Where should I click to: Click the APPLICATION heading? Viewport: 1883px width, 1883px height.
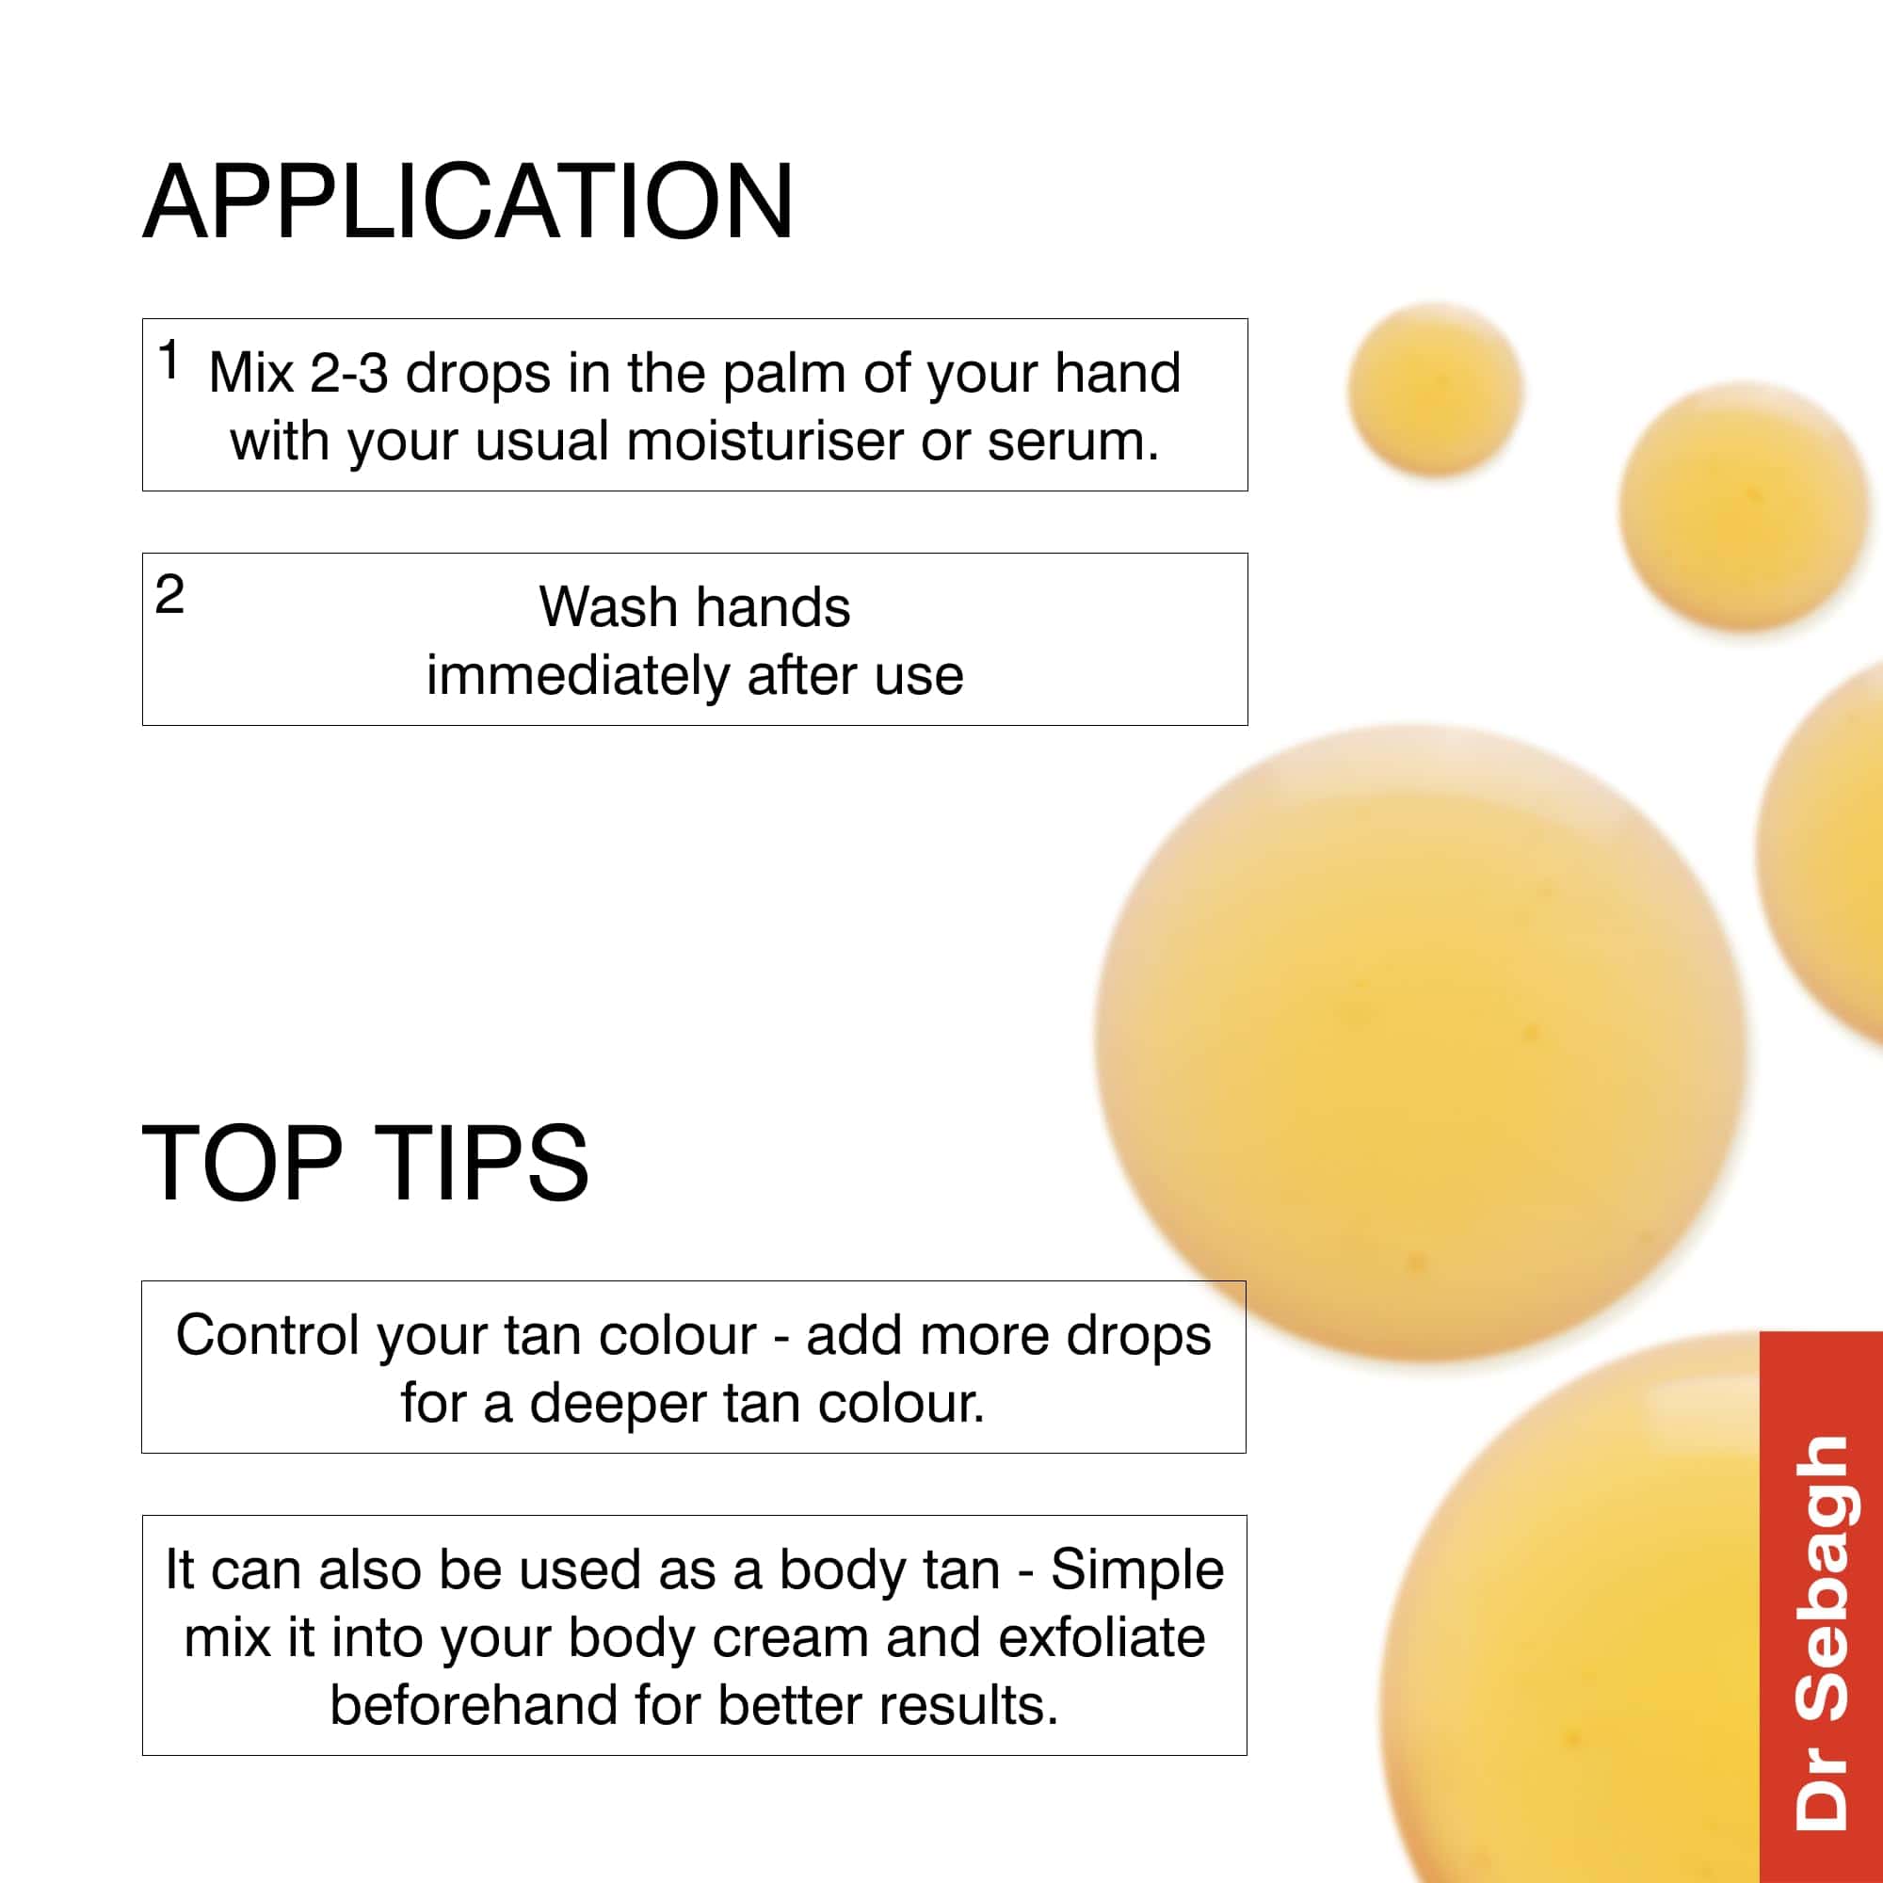click(x=468, y=201)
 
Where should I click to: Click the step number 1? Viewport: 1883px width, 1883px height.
click(x=169, y=360)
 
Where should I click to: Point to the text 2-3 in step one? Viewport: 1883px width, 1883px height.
click(x=349, y=372)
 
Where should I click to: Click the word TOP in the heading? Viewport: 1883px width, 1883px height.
click(x=243, y=1162)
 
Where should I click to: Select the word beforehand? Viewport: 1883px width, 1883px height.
click(x=474, y=1705)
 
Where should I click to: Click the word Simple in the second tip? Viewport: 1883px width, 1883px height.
click(x=1136, y=1572)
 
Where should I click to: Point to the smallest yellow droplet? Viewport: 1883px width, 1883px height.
click(x=1435, y=389)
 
